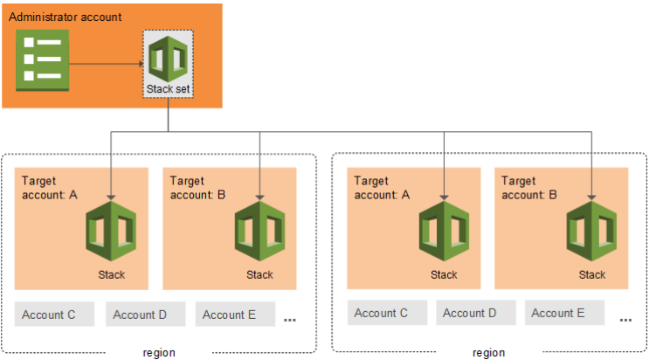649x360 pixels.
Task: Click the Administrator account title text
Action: [x=65, y=17]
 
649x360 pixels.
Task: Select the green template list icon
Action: [x=42, y=60]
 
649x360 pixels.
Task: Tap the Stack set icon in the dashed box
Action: [x=168, y=59]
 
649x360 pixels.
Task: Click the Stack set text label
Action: [x=168, y=89]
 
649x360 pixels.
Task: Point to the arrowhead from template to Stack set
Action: [x=142, y=64]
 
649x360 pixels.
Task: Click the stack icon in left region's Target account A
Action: [x=111, y=232]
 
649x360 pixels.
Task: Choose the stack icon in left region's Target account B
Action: [x=259, y=232]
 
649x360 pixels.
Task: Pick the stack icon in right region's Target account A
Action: [x=444, y=232]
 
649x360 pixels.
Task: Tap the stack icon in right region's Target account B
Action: [x=591, y=232]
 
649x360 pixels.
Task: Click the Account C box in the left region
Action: [x=54, y=314]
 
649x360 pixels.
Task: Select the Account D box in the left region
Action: [x=145, y=314]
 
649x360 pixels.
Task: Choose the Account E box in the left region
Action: [x=235, y=314]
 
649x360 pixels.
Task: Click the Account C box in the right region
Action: [x=387, y=312]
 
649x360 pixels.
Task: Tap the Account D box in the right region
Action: [x=475, y=312]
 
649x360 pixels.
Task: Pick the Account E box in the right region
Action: [x=564, y=312]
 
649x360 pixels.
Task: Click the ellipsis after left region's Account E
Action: [x=290, y=320]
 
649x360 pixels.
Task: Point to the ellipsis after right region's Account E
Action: [x=625, y=320]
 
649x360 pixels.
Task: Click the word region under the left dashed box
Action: [x=159, y=353]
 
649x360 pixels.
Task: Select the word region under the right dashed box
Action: [x=489, y=353]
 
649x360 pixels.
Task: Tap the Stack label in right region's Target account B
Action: [x=592, y=274]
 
